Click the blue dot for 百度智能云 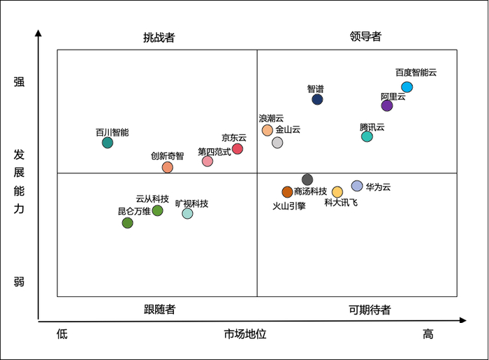(x=407, y=87)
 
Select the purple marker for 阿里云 (x=387, y=106)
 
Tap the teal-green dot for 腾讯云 (x=367, y=136)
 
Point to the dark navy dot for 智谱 (x=317, y=99)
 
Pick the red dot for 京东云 (x=238, y=149)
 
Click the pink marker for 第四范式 (x=207, y=161)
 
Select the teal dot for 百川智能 (x=108, y=143)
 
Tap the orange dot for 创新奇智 (x=168, y=167)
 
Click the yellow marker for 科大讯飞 (x=337, y=192)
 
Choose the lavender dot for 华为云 (x=357, y=186)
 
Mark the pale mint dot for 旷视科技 (x=187, y=213)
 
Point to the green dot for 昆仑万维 (x=127, y=223)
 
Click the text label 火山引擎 (x=289, y=206)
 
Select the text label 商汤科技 (x=310, y=192)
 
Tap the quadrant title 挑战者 (x=159, y=37)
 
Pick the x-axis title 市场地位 (x=245, y=334)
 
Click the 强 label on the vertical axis (x=19, y=82)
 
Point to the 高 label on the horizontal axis (x=428, y=334)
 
